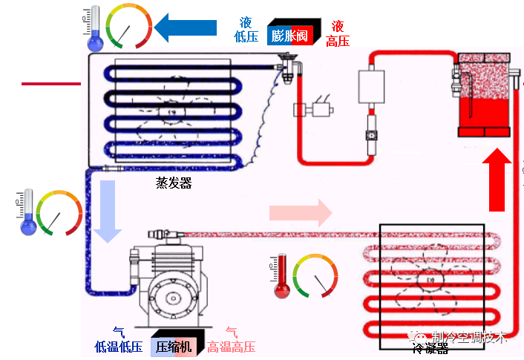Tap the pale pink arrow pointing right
point(301,213)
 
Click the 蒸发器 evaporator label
point(173,183)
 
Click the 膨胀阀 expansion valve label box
point(292,35)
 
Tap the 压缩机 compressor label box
point(175,347)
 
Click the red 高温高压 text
point(232,347)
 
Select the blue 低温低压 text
point(119,347)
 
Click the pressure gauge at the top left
point(128,27)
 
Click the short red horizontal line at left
point(50,84)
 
